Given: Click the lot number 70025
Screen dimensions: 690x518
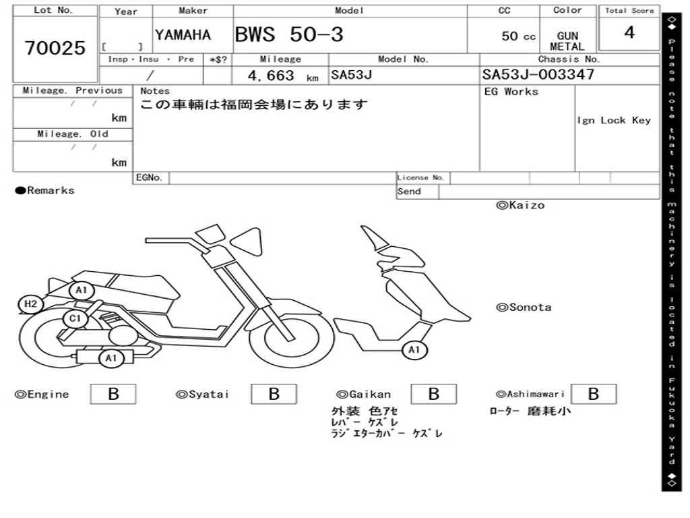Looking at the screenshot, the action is point(55,49).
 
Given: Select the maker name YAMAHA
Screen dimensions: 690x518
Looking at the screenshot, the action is point(183,35).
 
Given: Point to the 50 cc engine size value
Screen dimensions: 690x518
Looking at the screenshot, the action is point(518,36).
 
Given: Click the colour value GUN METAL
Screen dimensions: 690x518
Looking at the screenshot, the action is point(567,41).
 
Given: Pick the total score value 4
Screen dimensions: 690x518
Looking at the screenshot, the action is point(629,32).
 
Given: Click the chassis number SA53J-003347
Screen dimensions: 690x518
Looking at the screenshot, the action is point(538,75).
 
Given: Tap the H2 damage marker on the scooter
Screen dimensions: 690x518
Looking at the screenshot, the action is point(30,304).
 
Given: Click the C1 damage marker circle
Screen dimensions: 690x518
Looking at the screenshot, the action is point(75,318).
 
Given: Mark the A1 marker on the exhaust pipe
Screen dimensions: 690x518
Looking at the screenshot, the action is point(111,358).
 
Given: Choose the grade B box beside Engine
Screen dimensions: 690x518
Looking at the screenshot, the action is point(113,394).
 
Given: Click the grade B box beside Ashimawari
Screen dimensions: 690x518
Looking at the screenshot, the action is point(593,394).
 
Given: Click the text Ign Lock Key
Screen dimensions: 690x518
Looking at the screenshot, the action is point(614,120).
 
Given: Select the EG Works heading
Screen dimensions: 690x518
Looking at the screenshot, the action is point(511,92).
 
